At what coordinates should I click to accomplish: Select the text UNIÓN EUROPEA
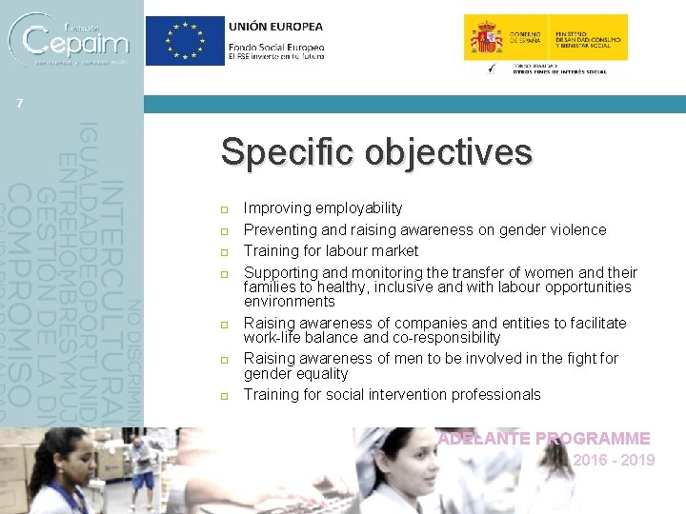click(x=275, y=27)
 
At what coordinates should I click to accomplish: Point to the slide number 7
click(x=19, y=104)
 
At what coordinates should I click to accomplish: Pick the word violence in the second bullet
click(x=575, y=229)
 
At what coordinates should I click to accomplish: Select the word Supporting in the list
click(x=279, y=272)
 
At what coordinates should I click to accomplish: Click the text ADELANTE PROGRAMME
click(x=543, y=439)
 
